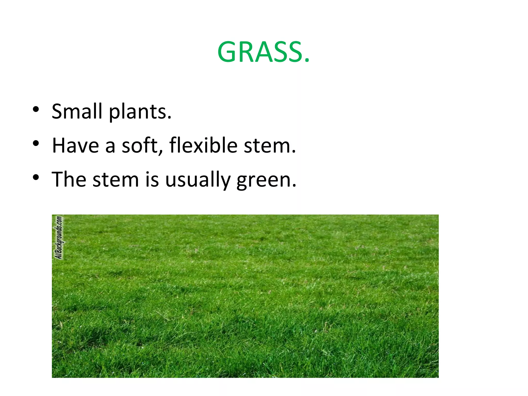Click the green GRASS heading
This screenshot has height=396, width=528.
tap(263, 52)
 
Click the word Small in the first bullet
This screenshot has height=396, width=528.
tap(77, 111)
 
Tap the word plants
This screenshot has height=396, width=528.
tap(140, 112)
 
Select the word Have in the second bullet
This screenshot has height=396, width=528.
tap(75, 146)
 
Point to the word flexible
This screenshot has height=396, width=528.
tap(203, 146)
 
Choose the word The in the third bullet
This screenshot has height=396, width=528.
tap(69, 179)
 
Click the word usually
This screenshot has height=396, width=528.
tap(197, 180)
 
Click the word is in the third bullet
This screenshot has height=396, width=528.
tap(152, 179)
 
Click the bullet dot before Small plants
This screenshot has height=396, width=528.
tap(36, 109)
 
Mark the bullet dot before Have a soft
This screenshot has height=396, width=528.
tap(36, 143)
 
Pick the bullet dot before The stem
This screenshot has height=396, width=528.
tap(36, 177)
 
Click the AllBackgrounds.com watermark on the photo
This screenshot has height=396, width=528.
tap(59, 237)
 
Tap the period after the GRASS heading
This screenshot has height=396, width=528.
tap(307, 61)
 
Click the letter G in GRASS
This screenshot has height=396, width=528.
tap(227, 52)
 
